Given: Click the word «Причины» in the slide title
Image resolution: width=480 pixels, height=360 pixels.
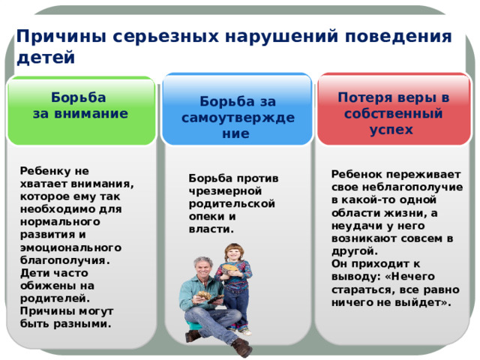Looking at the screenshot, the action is pyautogui.click(x=61, y=36).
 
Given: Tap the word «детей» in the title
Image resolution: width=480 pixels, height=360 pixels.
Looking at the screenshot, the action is pyautogui.click(x=46, y=58).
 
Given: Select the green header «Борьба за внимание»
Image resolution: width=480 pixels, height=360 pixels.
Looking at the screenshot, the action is pyautogui.click(x=81, y=111).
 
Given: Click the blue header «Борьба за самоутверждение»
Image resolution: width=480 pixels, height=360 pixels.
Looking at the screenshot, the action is pyautogui.click(x=237, y=109).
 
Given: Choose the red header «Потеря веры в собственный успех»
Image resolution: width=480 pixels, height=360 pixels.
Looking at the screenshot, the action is pyautogui.click(x=394, y=109).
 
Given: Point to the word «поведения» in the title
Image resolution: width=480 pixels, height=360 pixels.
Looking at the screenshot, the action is pyautogui.click(x=398, y=37).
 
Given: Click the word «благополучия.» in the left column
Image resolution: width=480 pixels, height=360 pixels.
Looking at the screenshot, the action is pyautogui.click(x=65, y=260).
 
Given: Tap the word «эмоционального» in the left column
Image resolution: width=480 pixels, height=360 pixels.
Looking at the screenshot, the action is pyautogui.click(x=70, y=247).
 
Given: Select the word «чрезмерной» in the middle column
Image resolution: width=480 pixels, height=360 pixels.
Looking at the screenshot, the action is pyautogui.click(x=225, y=191).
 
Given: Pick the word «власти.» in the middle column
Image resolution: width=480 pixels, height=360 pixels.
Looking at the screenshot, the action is pyautogui.click(x=211, y=229).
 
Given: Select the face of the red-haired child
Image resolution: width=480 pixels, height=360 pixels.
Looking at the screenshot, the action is pyautogui.click(x=233, y=254).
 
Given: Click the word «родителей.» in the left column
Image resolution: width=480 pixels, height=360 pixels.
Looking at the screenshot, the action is pyautogui.click(x=55, y=298).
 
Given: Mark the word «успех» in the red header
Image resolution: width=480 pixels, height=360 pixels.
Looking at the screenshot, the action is pyautogui.click(x=391, y=130).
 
